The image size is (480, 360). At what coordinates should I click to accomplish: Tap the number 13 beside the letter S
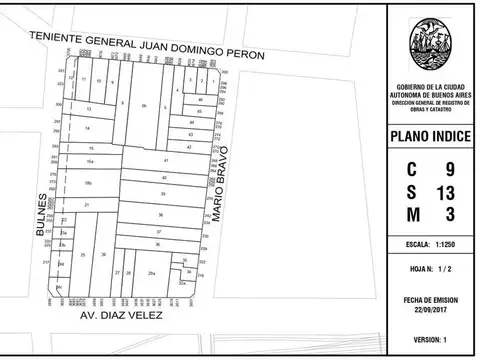tap(446, 191)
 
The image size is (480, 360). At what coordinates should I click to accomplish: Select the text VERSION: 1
tap(432, 339)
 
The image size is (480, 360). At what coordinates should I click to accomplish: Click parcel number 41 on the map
tap(166, 160)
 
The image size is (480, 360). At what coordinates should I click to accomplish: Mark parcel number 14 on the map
tap(88, 128)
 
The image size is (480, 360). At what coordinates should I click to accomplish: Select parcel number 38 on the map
tap(160, 214)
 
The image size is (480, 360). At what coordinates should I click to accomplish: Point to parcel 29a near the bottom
tap(151, 272)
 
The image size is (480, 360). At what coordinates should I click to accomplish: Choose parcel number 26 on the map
tap(104, 256)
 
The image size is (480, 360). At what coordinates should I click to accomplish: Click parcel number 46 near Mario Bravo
tap(200, 101)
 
